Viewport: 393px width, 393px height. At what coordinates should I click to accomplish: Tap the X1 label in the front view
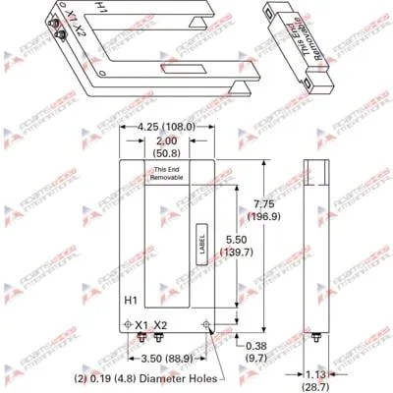point(141,325)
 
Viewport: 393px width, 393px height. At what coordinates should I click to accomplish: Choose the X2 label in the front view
point(161,325)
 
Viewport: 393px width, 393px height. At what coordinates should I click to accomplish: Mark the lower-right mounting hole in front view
point(204,324)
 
